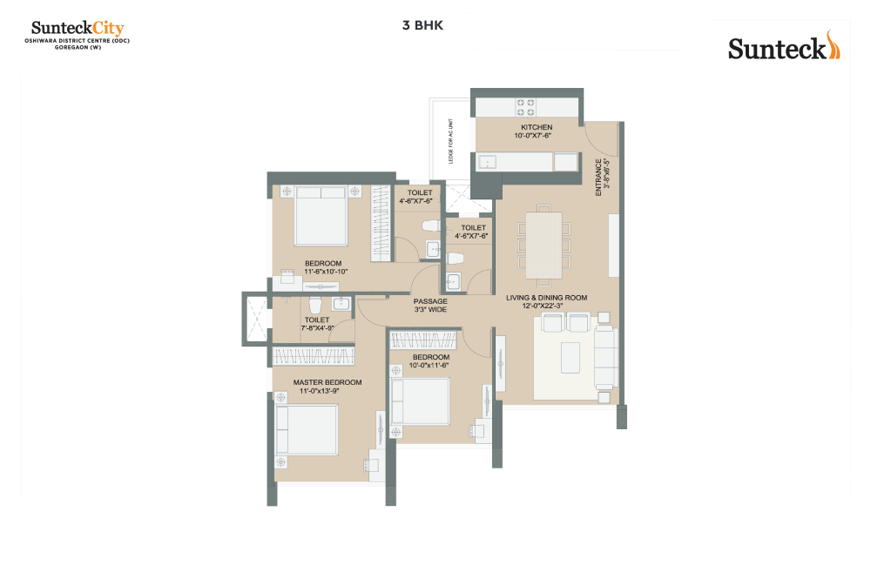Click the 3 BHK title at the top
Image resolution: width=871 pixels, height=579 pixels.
[x=422, y=25]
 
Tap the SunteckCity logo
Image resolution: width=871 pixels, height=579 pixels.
[x=78, y=35]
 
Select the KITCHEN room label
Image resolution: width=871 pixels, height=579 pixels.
[x=537, y=127]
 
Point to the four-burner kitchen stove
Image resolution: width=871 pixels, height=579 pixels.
[x=525, y=107]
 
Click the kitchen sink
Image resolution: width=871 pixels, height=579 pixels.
[x=487, y=162]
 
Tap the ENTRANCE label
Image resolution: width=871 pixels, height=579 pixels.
[x=598, y=177]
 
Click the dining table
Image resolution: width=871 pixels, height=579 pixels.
[x=544, y=245]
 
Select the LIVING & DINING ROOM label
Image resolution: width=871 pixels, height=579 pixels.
[x=547, y=298]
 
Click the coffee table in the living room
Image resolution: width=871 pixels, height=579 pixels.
[x=571, y=358]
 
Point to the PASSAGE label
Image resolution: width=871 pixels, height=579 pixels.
[x=430, y=301]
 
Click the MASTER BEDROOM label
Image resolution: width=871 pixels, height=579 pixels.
[x=327, y=382]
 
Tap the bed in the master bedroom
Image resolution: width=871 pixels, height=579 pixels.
[x=307, y=430]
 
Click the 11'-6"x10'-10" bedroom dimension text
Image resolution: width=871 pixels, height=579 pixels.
[x=326, y=272]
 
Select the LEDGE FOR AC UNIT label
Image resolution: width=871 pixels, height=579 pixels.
[x=450, y=141]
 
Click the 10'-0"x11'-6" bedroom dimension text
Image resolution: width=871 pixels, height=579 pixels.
[x=429, y=366]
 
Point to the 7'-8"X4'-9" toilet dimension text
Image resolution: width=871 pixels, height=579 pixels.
[x=317, y=328]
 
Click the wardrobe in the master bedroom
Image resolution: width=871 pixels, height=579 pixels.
[x=314, y=356]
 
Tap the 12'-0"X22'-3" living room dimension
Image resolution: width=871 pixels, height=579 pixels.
[x=542, y=306]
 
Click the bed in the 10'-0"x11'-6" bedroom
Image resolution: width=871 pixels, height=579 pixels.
[x=421, y=401]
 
